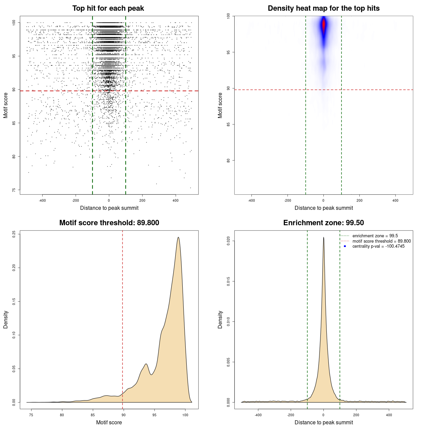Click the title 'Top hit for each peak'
point(108,8)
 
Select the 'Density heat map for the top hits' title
point(323,8)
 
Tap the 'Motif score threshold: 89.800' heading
point(109,223)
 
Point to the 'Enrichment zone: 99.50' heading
point(323,223)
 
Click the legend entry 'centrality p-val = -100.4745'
point(378,246)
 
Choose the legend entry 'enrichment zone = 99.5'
point(375,236)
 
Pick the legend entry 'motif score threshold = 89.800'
point(381,241)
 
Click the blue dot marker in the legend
point(345,246)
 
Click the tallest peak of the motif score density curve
point(178,238)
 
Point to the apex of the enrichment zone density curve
point(323,237)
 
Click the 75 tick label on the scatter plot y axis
point(14,190)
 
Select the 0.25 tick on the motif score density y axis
point(14,234)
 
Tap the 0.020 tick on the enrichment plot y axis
point(228,241)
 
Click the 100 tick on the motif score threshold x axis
point(185,415)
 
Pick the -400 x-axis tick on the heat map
point(251,200)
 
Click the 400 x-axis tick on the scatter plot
point(176,200)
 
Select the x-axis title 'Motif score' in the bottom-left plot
point(109,422)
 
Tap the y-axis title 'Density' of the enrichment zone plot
point(220,319)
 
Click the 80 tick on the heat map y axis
point(228,161)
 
